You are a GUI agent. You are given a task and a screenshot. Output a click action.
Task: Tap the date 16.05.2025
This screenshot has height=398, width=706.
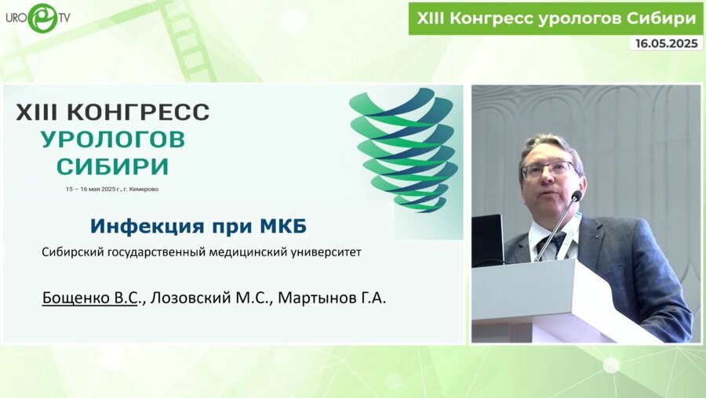(665, 44)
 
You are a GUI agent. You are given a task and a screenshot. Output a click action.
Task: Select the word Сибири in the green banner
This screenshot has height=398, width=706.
(662, 17)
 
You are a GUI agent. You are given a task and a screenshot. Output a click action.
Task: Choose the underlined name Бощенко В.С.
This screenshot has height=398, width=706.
(90, 298)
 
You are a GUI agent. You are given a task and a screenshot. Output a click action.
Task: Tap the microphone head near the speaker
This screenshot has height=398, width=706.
(576, 197)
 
